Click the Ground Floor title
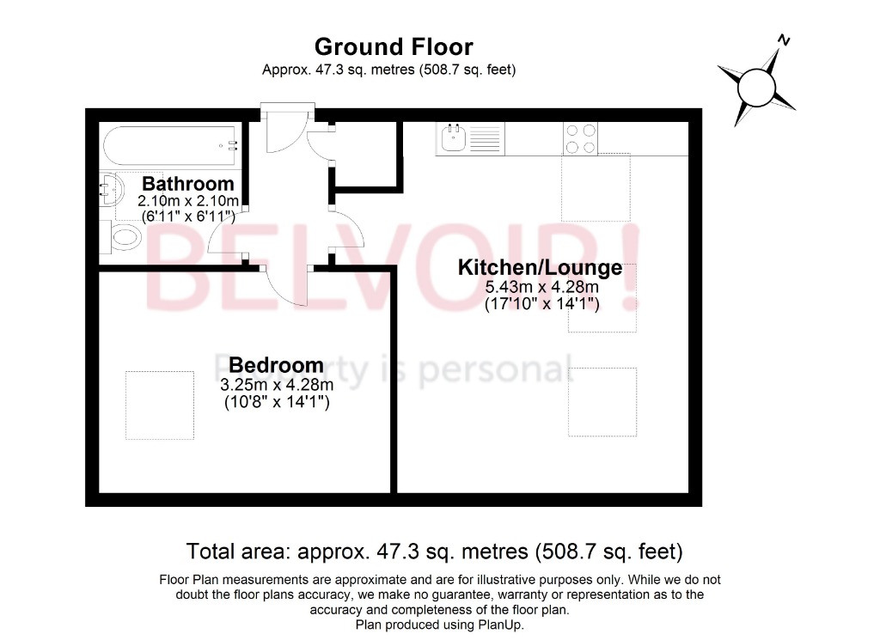click(393, 46)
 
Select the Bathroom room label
click(187, 184)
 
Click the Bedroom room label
click(276, 366)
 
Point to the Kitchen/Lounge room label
click(540, 268)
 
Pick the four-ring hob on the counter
click(580, 138)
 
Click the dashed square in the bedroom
click(159, 404)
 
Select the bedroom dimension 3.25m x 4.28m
click(276, 386)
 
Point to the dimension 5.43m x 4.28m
click(540, 288)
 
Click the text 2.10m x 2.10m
click(187, 201)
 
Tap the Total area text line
click(434, 551)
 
